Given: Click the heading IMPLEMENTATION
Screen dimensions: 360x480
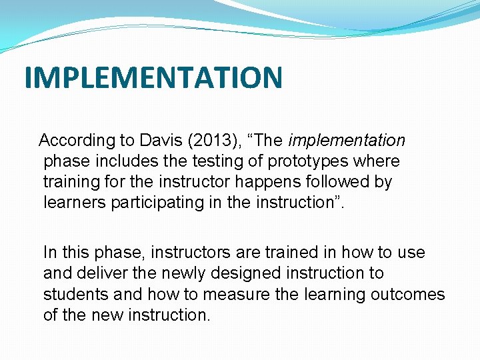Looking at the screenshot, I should (x=153, y=77).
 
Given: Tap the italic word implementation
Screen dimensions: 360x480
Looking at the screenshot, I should (x=347, y=141).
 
